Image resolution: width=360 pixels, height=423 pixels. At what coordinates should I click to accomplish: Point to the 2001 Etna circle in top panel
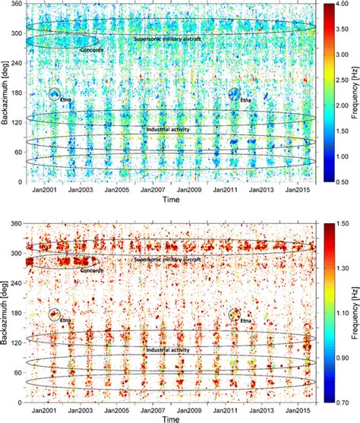tap(55, 95)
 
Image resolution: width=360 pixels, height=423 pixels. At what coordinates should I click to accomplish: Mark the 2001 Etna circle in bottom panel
tap(55, 314)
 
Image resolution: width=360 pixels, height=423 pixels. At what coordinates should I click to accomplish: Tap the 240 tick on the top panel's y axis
tap(17, 64)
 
